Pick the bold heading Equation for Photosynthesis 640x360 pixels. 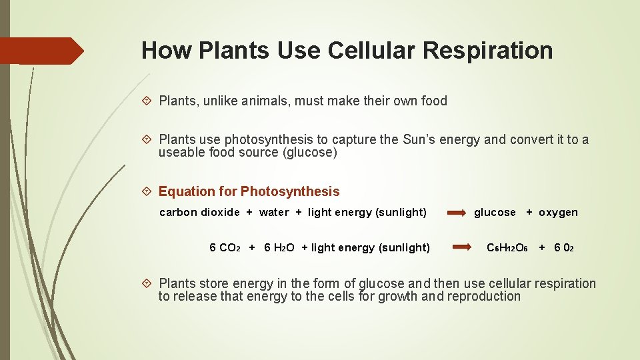(x=249, y=191)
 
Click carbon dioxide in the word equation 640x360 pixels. (x=199, y=212)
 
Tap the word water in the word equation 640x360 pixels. (x=274, y=212)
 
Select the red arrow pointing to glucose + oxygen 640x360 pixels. (x=457, y=213)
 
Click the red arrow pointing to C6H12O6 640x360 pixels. (x=461, y=247)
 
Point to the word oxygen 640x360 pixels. (x=558, y=212)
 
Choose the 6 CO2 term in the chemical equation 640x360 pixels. (x=225, y=248)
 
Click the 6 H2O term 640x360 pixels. (x=279, y=248)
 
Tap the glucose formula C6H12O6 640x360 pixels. (x=507, y=248)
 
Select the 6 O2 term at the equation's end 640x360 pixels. (x=564, y=248)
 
